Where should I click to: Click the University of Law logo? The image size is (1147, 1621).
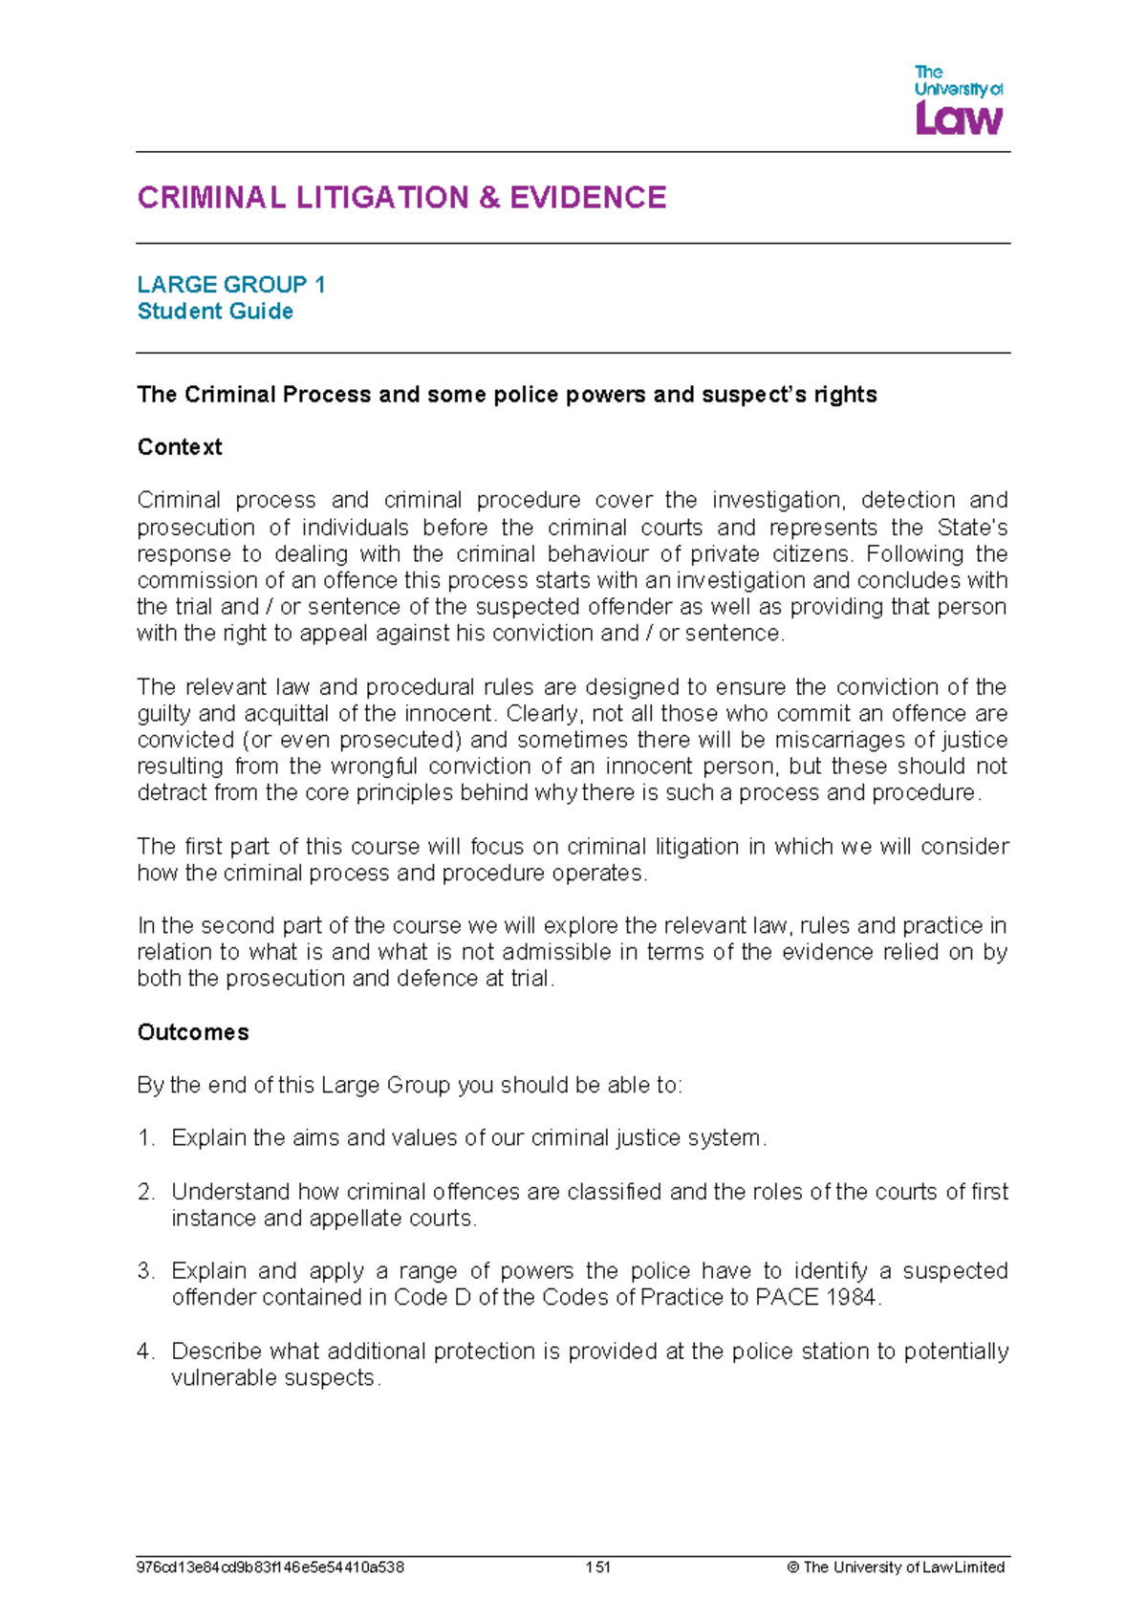[x=958, y=99]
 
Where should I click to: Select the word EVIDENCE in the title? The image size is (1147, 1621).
[x=588, y=198]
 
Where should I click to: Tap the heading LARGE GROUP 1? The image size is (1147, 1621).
[x=231, y=285]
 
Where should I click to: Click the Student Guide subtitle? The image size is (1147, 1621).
[x=215, y=312]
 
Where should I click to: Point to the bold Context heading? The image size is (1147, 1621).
[x=180, y=447]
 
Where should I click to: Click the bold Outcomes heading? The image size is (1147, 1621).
[x=193, y=1032]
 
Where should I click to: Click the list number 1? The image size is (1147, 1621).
[x=145, y=1138]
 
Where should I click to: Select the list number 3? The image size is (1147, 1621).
[x=145, y=1271]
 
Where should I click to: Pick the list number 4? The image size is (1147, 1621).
[x=145, y=1351]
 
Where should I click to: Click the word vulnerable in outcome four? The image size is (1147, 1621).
[x=218, y=1378]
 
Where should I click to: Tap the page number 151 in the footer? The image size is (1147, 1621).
[x=598, y=1567]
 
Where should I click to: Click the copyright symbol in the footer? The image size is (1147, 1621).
[x=792, y=1567]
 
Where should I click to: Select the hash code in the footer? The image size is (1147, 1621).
[x=271, y=1567]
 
